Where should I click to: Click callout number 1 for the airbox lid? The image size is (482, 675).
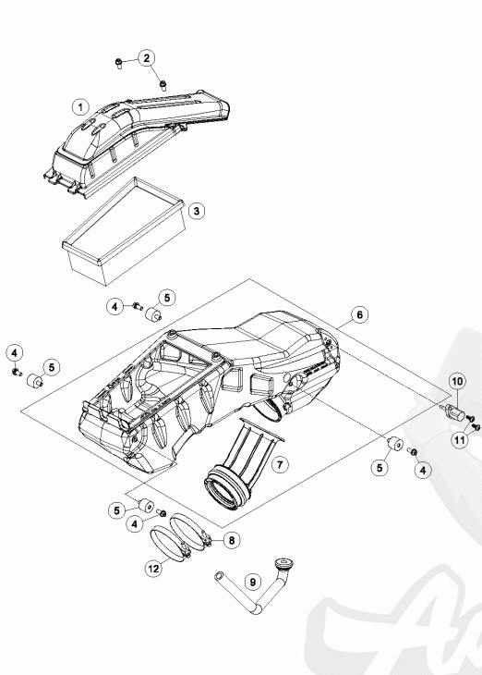[80, 106]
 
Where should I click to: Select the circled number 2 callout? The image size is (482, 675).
[147, 58]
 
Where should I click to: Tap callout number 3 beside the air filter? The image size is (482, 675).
[197, 211]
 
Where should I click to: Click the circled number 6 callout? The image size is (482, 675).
[360, 314]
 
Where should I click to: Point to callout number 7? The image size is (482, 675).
[280, 464]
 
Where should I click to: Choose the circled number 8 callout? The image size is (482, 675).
[232, 540]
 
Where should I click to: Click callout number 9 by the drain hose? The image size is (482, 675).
[253, 582]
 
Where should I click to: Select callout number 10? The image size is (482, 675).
[457, 381]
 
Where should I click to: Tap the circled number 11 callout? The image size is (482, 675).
[460, 439]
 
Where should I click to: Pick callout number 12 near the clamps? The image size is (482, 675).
[153, 569]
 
